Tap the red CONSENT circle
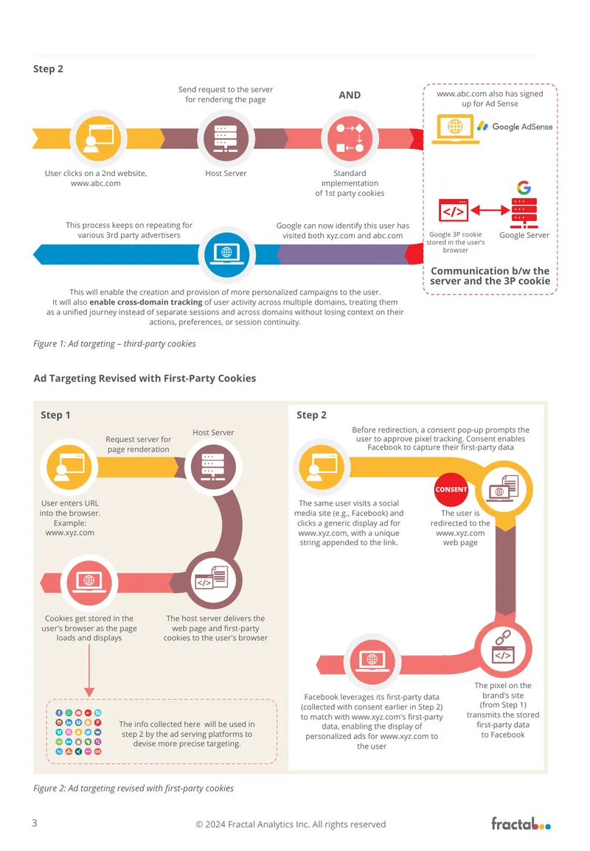[451, 489]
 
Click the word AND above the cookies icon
[350, 95]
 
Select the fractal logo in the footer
[521, 823]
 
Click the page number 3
[35, 823]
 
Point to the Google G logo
[524, 188]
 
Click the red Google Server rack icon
[524, 213]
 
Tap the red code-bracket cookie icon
[454, 211]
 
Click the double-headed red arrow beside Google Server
[490, 210]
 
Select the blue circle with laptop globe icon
[227, 253]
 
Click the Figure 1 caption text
[114, 343]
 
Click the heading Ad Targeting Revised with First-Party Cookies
[145, 378]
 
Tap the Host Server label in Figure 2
[213, 432]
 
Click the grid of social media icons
[78, 732]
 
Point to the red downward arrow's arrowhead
[89, 692]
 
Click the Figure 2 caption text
[133, 788]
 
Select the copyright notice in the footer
[291, 824]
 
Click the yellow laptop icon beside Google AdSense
[455, 129]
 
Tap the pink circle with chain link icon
[503, 648]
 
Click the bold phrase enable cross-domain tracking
[145, 302]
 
